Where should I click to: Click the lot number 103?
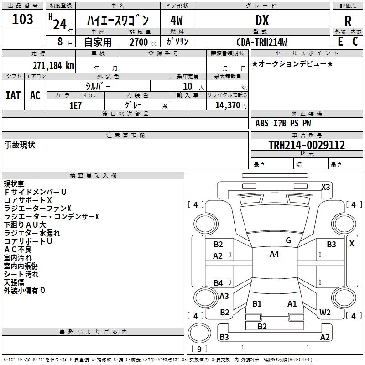pyautogui.click(x=22, y=19)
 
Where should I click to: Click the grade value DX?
pyautogui.click(x=262, y=20)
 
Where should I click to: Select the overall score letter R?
pyautogui.click(x=348, y=21)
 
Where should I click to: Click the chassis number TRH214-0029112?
pyautogui.click(x=307, y=145)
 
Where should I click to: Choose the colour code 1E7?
pyautogui.click(x=75, y=104)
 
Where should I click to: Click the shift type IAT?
pyautogui.click(x=13, y=95)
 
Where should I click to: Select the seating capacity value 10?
pyautogui.click(x=188, y=86)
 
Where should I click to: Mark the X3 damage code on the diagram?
pyautogui.click(x=325, y=187)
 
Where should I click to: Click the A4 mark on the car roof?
pyautogui.click(x=274, y=254)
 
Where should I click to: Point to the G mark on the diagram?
pyautogui.click(x=288, y=240)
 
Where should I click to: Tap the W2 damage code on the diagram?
pyautogui.click(x=325, y=313)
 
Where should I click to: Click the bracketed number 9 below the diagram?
pyautogui.click(x=199, y=349)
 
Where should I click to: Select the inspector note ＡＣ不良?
pyautogui.click(x=18, y=249)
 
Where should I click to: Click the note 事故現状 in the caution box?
pyautogui.click(x=20, y=145)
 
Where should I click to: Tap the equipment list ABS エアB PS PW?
pyautogui.click(x=283, y=123)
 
